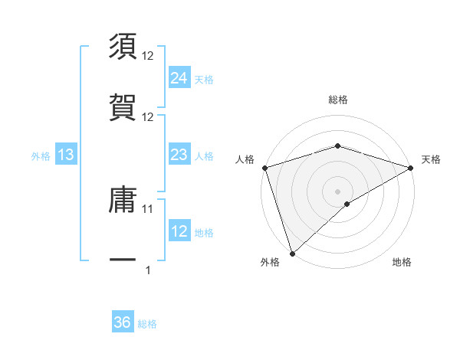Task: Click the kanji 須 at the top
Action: [x=123, y=47]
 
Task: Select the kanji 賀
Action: [x=123, y=106]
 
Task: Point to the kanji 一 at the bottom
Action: [x=123, y=260]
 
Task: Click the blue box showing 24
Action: [x=179, y=78]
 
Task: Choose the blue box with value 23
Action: [x=179, y=155]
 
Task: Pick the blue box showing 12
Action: [x=179, y=231]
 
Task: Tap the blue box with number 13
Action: [x=66, y=155]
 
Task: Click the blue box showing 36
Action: [x=123, y=322]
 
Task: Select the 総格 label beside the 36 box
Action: [x=147, y=324]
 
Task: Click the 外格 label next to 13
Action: [x=41, y=156]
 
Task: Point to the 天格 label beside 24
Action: [x=204, y=79]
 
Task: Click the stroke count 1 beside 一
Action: [x=148, y=269]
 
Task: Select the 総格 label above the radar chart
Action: [x=337, y=100]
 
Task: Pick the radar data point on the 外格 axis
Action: [x=292, y=253]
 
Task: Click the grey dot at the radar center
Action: [x=337, y=191]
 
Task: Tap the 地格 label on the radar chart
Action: [x=402, y=263]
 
